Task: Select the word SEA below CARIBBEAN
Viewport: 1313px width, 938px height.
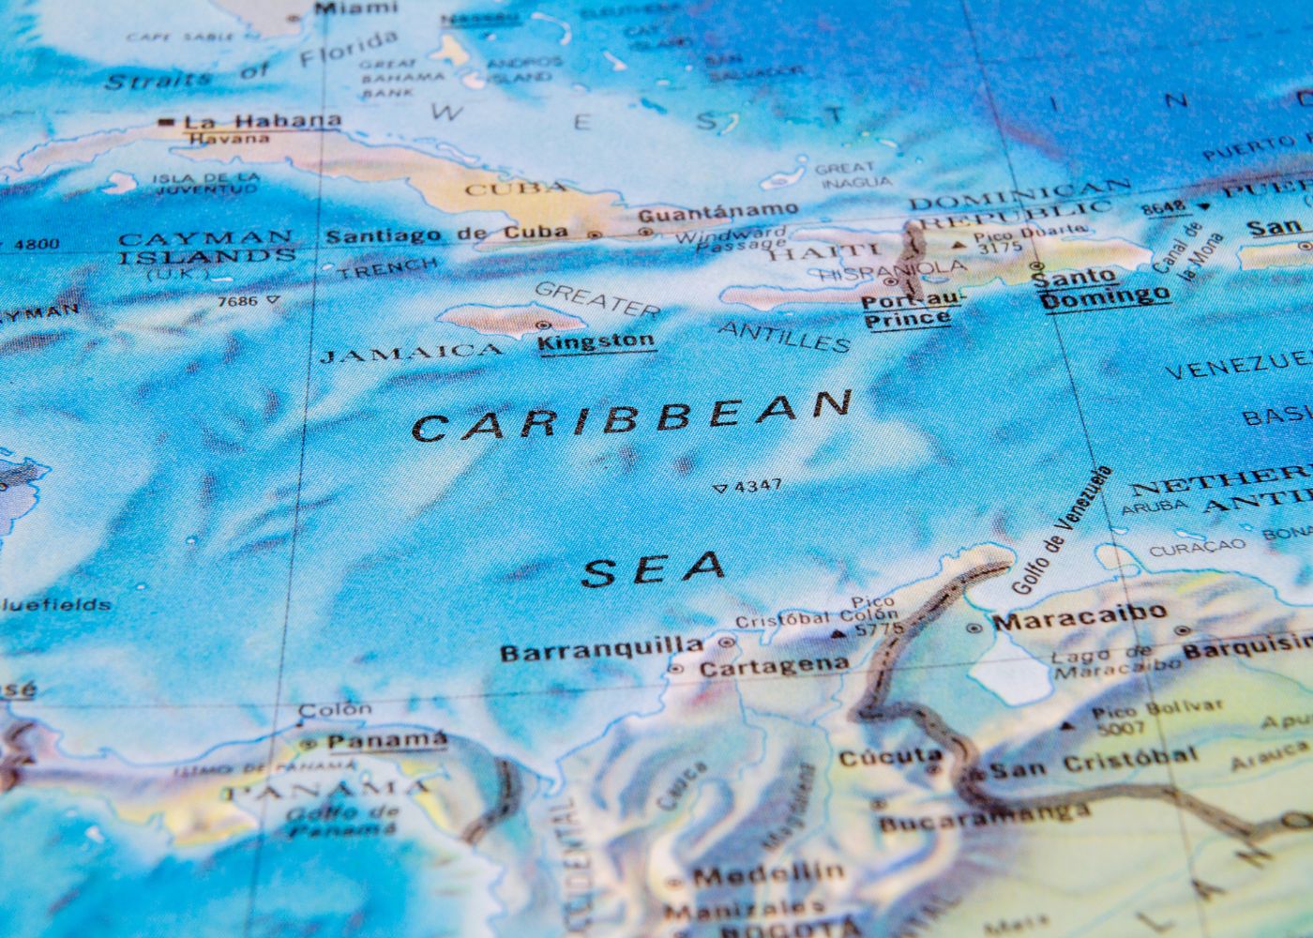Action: [654, 567]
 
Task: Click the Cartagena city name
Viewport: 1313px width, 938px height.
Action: [774, 666]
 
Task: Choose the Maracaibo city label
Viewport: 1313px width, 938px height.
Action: [1079, 617]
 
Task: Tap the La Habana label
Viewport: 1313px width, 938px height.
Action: [262, 121]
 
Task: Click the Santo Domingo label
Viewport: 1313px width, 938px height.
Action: [1105, 287]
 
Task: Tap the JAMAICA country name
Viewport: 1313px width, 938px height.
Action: [411, 354]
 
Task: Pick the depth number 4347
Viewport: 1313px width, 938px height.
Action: [758, 486]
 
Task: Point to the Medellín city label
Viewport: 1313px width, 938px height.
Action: [768, 874]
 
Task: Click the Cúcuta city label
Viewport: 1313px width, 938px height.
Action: [890, 755]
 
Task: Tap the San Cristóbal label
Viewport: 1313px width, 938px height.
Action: [1094, 762]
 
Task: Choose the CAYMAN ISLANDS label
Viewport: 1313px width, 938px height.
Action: [206, 247]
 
